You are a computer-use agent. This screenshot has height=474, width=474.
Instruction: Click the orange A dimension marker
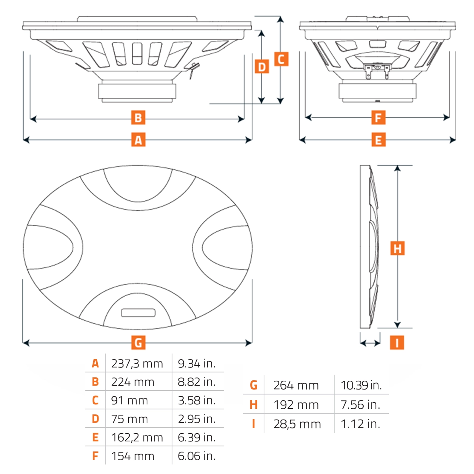[x=138, y=140]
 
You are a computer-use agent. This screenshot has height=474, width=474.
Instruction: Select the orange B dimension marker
[x=138, y=118]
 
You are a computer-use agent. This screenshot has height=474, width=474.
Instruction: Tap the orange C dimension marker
[x=281, y=59]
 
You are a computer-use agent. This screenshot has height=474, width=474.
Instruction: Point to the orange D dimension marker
[x=262, y=67]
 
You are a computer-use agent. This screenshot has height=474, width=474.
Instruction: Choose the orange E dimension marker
[x=378, y=140]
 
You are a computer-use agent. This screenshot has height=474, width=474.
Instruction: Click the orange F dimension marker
[x=378, y=118]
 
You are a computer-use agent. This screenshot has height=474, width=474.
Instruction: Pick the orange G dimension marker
[x=138, y=343]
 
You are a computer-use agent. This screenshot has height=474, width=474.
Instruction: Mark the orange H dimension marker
[x=397, y=248]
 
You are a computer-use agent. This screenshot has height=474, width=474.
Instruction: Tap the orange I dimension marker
[x=397, y=343]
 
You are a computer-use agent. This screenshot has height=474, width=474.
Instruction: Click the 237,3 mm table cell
[x=137, y=364]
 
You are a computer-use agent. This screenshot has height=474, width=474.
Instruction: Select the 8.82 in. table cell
[x=197, y=382]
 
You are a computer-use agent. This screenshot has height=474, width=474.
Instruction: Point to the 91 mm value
[x=129, y=401]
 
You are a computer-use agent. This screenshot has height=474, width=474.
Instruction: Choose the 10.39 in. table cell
[x=361, y=385]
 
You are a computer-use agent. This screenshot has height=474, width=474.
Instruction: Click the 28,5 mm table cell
[x=297, y=424]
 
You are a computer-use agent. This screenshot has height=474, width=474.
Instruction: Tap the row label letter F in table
[x=95, y=456]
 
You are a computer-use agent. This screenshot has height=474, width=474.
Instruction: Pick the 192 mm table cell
[x=296, y=405]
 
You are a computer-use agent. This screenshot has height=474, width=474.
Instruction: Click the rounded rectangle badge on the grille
[x=138, y=313]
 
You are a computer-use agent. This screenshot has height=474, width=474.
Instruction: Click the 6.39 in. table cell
[x=197, y=437]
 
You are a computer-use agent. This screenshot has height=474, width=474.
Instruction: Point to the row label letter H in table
[x=254, y=405]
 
